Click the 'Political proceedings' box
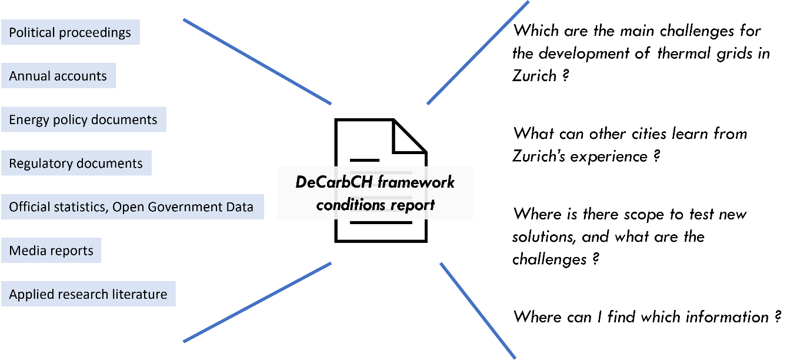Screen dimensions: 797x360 pyautogui.click(x=71, y=32)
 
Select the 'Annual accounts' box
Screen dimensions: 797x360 pyautogui.click(x=58, y=75)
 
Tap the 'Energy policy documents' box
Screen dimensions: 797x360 pyautogui.click(x=84, y=119)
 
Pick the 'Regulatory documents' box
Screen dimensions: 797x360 pyautogui.click(x=76, y=163)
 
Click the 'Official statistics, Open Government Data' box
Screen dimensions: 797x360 pyautogui.click(x=132, y=206)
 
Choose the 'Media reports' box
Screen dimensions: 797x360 pyautogui.click(x=51, y=251)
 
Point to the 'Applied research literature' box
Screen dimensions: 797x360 pyautogui.click(x=88, y=294)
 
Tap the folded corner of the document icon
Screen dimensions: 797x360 pyautogui.click(x=409, y=136)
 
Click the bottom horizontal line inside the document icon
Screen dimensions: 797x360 pyautogui.click(x=381, y=223)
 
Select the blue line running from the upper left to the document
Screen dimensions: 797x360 pyautogui.click(x=257, y=62)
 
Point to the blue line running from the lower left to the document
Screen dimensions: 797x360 pyautogui.click(x=257, y=302)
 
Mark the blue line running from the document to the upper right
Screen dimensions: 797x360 pyautogui.click(x=478, y=53)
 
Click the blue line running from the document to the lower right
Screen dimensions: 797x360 pyautogui.click(x=478, y=311)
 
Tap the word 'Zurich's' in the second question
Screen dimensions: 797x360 pyautogui.click(x=539, y=156)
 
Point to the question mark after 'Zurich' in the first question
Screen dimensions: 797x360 pyautogui.click(x=565, y=75)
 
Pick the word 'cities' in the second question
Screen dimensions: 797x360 pyautogui.click(x=649, y=134)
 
